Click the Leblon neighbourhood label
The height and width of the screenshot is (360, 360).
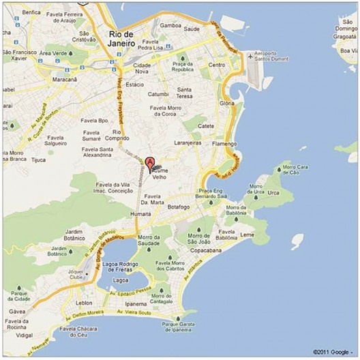[x=84, y=301]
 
